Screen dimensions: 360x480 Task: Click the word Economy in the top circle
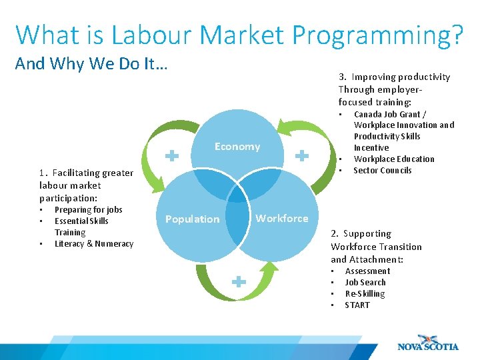tap(237, 147)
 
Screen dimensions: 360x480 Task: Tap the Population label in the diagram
tap(192, 219)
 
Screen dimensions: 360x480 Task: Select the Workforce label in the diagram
tap(282, 218)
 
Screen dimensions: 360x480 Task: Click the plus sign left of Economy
tap(172, 156)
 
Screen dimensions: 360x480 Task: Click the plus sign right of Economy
tap(302, 156)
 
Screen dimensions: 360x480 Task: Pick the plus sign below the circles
tap(238, 282)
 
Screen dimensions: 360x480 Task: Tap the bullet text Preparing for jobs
tap(88, 209)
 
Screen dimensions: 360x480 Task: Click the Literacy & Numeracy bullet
tap(94, 243)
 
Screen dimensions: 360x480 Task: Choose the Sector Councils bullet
tap(382, 170)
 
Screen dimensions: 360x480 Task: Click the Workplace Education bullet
tap(393, 159)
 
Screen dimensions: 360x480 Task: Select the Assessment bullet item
tap(367, 271)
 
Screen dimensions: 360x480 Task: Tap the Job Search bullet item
tap(365, 282)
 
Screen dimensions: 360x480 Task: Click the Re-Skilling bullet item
tap(365, 293)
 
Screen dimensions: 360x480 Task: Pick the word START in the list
tap(357, 305)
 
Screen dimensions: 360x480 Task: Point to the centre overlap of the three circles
tap(237, 193)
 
